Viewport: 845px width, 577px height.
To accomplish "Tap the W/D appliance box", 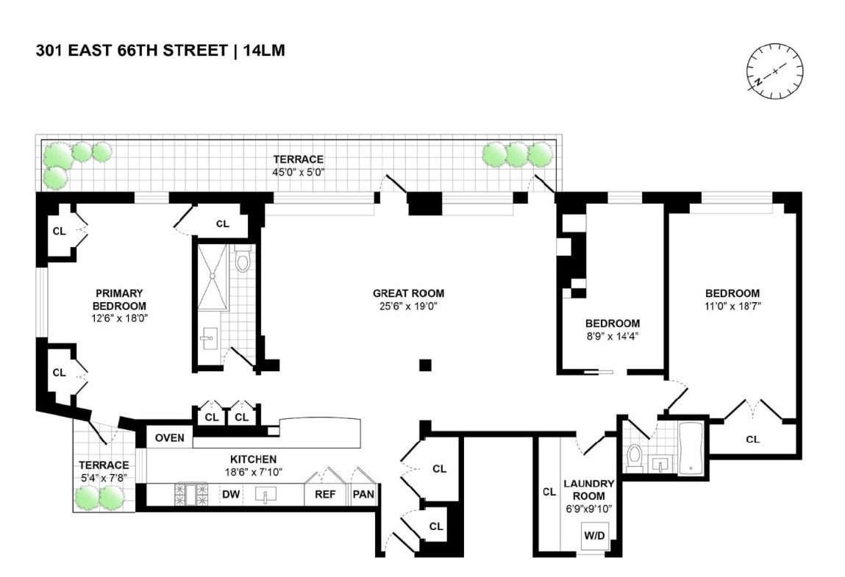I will (593, 536).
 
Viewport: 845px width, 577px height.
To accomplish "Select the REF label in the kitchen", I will (325, 495).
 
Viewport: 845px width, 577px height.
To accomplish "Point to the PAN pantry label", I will (363, 495).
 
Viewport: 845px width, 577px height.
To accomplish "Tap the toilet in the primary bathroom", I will (243, 260).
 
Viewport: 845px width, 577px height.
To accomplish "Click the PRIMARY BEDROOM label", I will (119, 299).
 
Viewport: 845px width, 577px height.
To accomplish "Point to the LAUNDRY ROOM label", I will (588, 489).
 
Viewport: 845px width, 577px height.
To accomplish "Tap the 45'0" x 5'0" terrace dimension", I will (299, 172).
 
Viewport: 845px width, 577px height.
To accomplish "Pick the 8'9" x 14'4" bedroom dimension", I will (612, 336).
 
